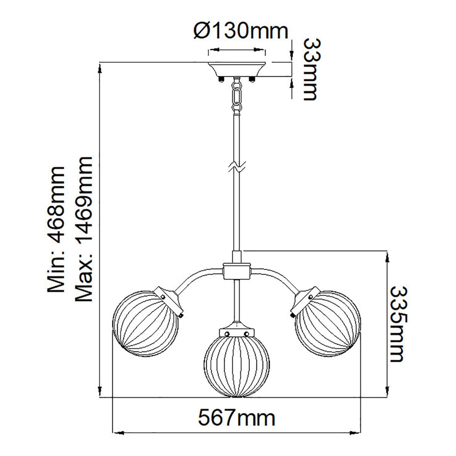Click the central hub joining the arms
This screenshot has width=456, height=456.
pos(237,270)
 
